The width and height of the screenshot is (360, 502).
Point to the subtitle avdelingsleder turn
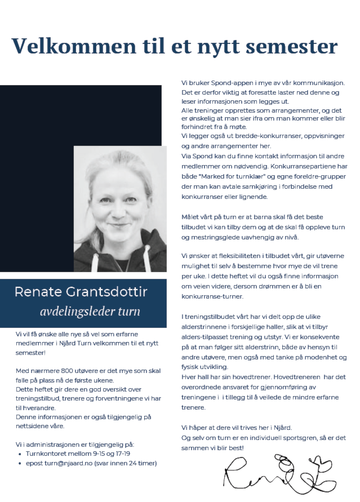click(90, 312)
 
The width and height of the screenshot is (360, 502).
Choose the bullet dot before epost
click(20, 463)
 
